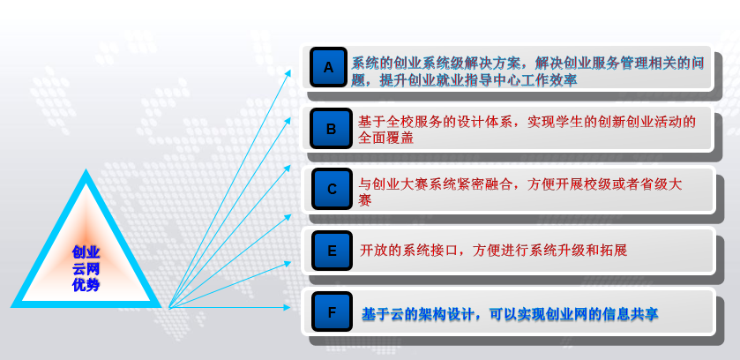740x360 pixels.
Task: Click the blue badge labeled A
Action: (328, 67)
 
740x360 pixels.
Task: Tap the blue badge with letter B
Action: (332, 128)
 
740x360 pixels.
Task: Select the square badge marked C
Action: (332, 189)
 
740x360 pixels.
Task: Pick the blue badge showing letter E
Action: (332, 251)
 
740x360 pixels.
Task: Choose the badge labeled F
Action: (332, 311)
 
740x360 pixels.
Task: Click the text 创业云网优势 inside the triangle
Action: (86, 268)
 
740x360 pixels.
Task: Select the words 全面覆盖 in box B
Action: (385, 138)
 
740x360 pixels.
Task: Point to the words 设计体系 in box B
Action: (485, 122)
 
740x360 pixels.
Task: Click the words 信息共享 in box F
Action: (630, 314)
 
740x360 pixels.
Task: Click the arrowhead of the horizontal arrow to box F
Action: (288, 308)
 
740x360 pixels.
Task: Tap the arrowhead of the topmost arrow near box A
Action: (288, 73)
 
